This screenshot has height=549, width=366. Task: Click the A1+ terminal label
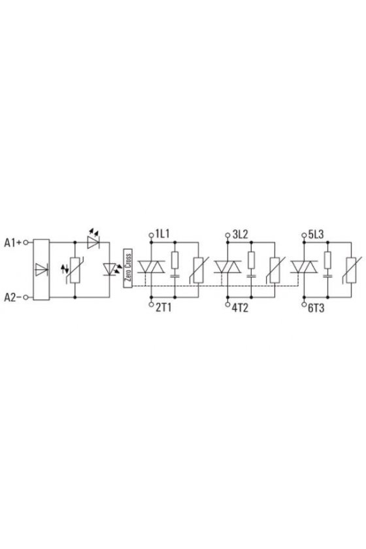[13, 242]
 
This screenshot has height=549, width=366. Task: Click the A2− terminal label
[13, 297]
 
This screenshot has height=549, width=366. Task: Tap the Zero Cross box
[128, 268]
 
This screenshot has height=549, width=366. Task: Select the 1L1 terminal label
[163, 234]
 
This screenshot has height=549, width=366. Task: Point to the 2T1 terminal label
[163, 308]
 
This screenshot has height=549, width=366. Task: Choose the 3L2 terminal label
[240, 234]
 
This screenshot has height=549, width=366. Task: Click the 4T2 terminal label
[240, 308]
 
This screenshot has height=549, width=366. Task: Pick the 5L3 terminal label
[316, 234]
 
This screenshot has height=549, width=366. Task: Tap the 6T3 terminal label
[316, 308]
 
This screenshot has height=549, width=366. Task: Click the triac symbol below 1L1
[151, 267]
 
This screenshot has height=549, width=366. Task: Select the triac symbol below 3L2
[227, 267]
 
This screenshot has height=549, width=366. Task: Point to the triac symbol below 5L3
[304, 267]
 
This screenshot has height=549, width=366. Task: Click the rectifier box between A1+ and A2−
[41, 269]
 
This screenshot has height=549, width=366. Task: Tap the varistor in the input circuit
[75, 269]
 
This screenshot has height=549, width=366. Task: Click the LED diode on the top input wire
[93, 242]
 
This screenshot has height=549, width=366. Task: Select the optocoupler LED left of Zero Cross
[110, 269]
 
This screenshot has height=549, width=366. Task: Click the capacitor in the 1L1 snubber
[175, 276]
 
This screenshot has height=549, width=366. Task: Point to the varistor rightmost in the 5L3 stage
[351, 270]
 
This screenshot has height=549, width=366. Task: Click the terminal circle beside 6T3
[304, 305]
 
